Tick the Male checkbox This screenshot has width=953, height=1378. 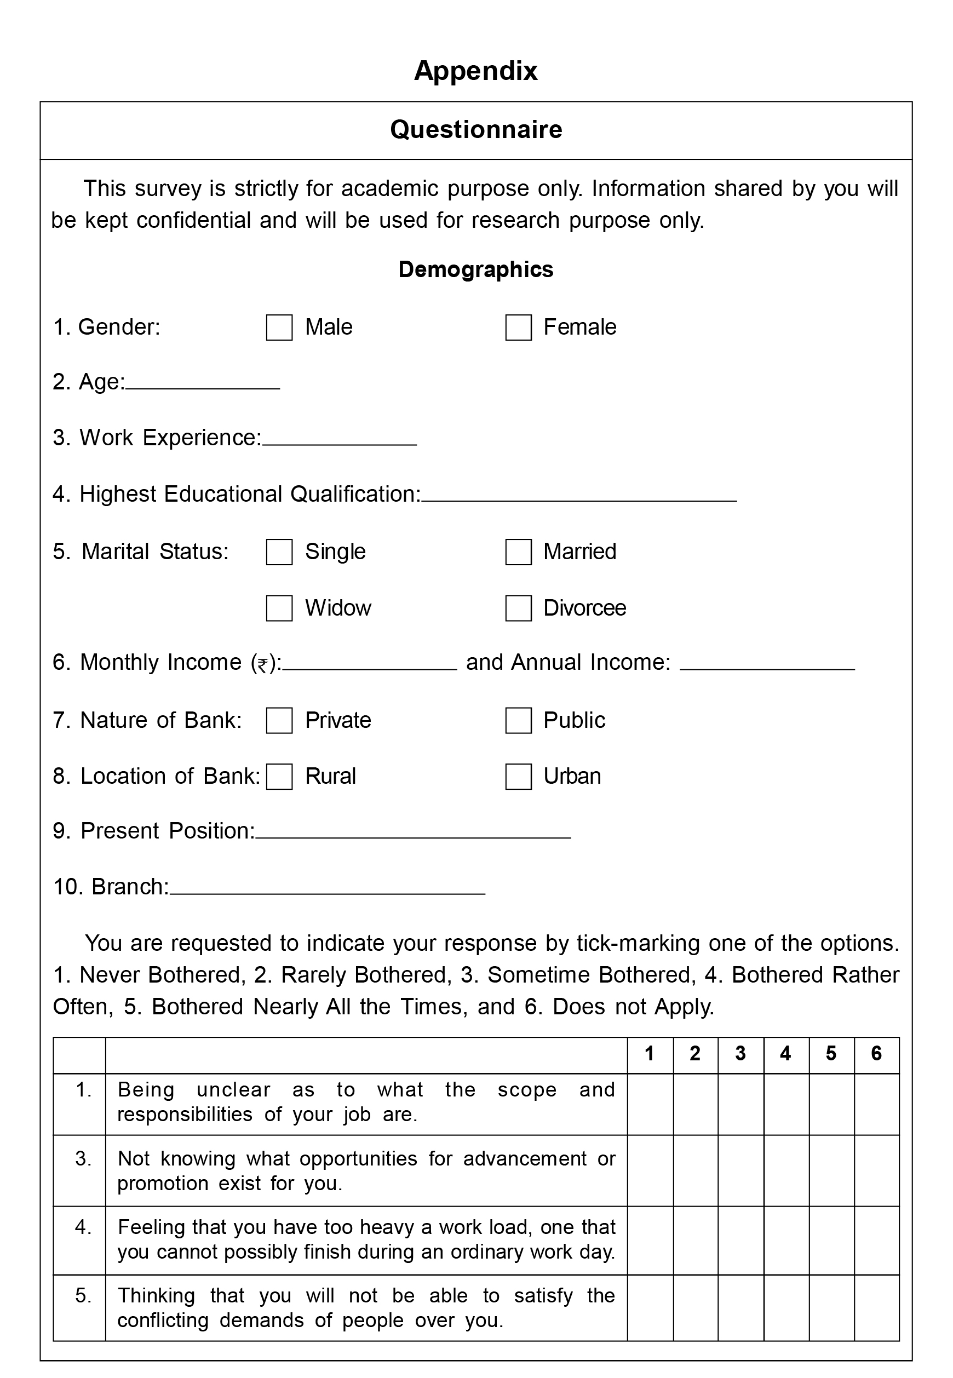click(x=279, y=328)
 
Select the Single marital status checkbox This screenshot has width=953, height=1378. click(x=279, y=552)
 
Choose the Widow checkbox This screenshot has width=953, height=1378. click(x=279, y=608)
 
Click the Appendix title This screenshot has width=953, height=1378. click(x=476, y=71)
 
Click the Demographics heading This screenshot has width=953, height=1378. click(x=476, y=269)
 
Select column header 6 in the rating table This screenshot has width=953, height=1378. click(x=876, y=1053)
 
